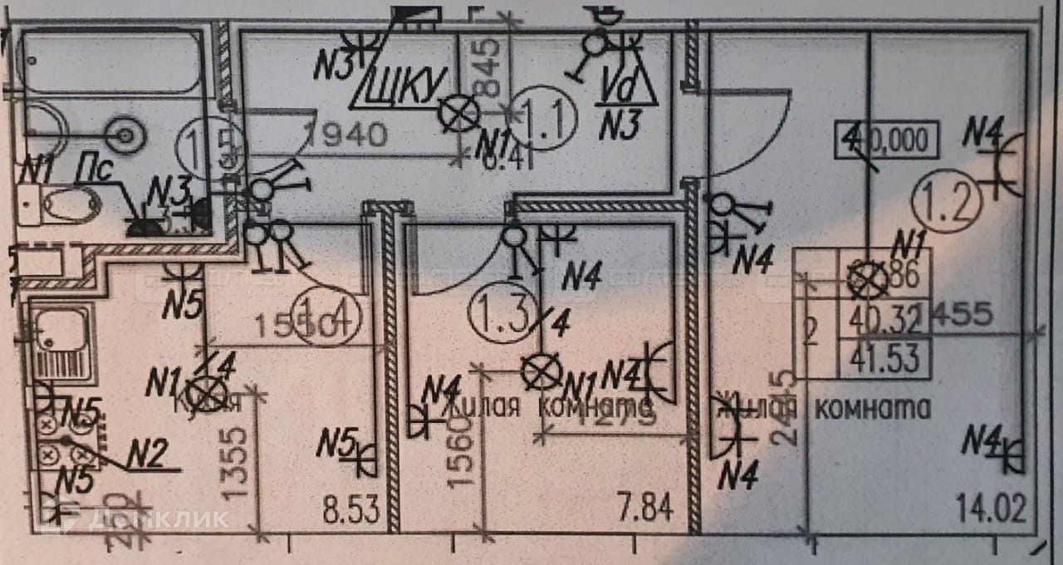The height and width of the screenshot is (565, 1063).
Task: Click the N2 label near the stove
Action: pyautogui.click(x=149, y=454)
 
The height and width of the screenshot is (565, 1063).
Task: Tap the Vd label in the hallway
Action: pyautogui.click(x=620, y=86)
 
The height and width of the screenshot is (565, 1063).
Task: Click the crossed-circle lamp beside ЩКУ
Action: pyautogui.click(x=459, y=114)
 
